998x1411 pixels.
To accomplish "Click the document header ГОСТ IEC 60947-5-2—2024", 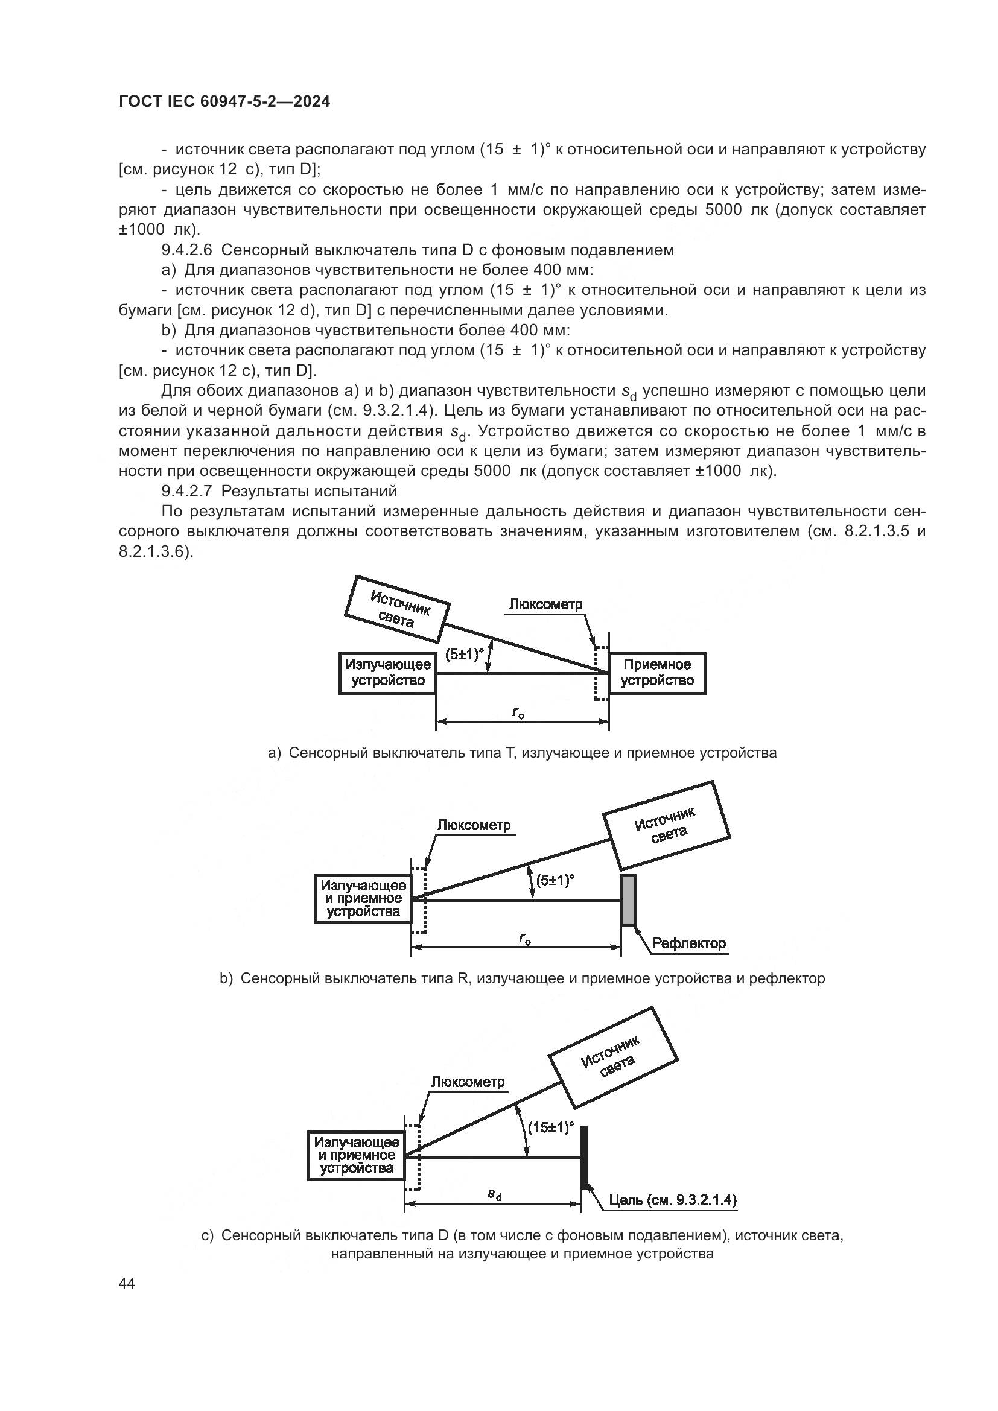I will click(224, 102).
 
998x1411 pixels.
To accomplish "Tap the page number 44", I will click(127, 1284).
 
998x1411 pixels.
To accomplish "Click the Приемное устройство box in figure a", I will click(657, 673).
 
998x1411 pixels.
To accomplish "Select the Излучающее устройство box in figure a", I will click(387, 673).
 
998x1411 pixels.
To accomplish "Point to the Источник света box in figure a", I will click(398, 609).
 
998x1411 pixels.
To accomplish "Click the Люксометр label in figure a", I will click(545, 604).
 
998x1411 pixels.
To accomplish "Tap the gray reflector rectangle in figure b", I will click(628, 900).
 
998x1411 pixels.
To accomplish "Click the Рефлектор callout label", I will click(689, 943).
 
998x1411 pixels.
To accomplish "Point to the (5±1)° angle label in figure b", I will click(555, 880).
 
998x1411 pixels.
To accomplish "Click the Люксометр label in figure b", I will click(474, 825).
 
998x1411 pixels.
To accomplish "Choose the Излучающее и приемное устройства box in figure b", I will click(363, 898).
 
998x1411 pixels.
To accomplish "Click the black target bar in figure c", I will click(584, 1156).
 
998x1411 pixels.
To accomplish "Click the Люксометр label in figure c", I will click(468, 1082).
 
